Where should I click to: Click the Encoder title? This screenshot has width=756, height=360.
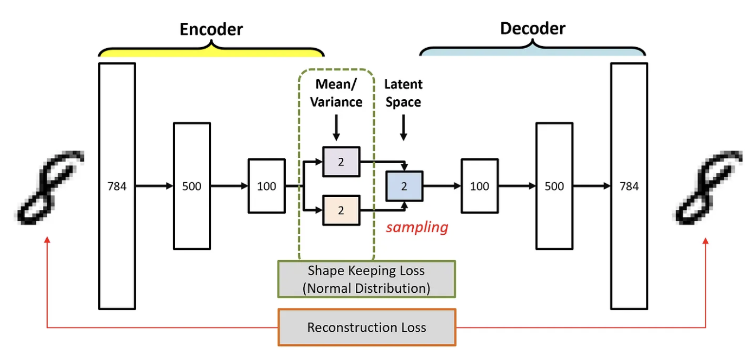click(211, 29)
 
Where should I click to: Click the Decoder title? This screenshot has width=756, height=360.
click(532, 28)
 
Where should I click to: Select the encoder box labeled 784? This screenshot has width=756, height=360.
click(117, 186)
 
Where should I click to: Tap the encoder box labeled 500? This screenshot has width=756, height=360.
click(191, 186)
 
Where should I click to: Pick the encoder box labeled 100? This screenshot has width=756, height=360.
click(266, 186)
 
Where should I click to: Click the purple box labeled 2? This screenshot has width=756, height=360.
click(341, 162)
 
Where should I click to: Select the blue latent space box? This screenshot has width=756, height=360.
click(404, 186)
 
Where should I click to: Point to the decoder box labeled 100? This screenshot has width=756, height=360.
click(479, 186)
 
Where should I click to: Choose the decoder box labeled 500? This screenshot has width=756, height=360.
click(554, 186)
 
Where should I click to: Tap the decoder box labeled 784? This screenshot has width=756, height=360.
click(629, 186)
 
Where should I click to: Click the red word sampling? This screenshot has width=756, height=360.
click(417, 227)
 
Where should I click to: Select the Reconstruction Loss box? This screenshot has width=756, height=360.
click(367, 327)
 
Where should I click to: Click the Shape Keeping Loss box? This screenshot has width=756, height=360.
click(367, 279)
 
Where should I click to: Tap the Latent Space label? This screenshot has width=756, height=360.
click(403, 93)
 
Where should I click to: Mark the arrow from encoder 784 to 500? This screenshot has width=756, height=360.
click(154, 186)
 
